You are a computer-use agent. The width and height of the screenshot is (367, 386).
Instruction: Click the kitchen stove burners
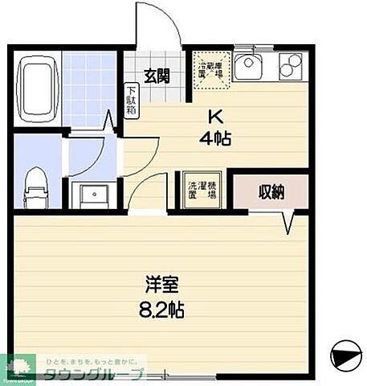click(x=290, y=64)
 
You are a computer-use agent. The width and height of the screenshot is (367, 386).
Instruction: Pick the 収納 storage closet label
click(x=270, y=191)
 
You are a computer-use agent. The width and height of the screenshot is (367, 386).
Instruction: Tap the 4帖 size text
click(x=215, y=138)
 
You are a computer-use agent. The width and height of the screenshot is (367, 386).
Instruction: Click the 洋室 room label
click(x=158, y=285)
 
